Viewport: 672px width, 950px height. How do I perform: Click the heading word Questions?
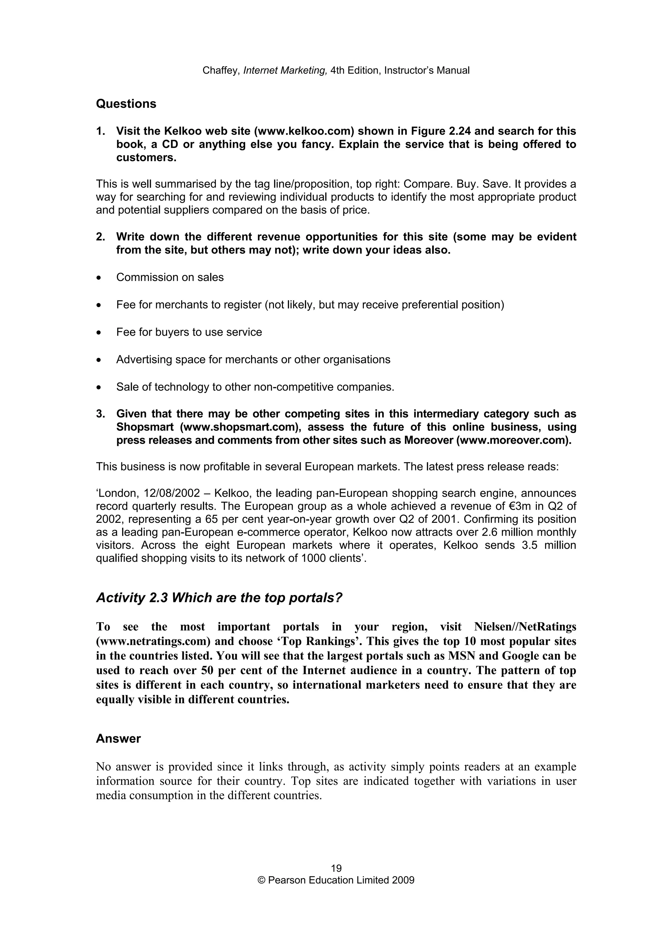[x=126, y=104]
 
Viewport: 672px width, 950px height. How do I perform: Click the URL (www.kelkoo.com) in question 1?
[x=304, y=131]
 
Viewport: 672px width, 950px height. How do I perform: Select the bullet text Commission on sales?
[x=170, y=277]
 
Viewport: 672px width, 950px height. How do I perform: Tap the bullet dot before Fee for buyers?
[x=98, y=333]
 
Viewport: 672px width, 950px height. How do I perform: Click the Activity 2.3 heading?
[x=219, y=598]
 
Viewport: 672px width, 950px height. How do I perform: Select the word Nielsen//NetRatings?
[x=525, y=626]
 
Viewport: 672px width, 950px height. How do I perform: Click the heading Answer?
[x=118, y=739]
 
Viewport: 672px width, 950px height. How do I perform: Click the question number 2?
[x=100, y=237]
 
